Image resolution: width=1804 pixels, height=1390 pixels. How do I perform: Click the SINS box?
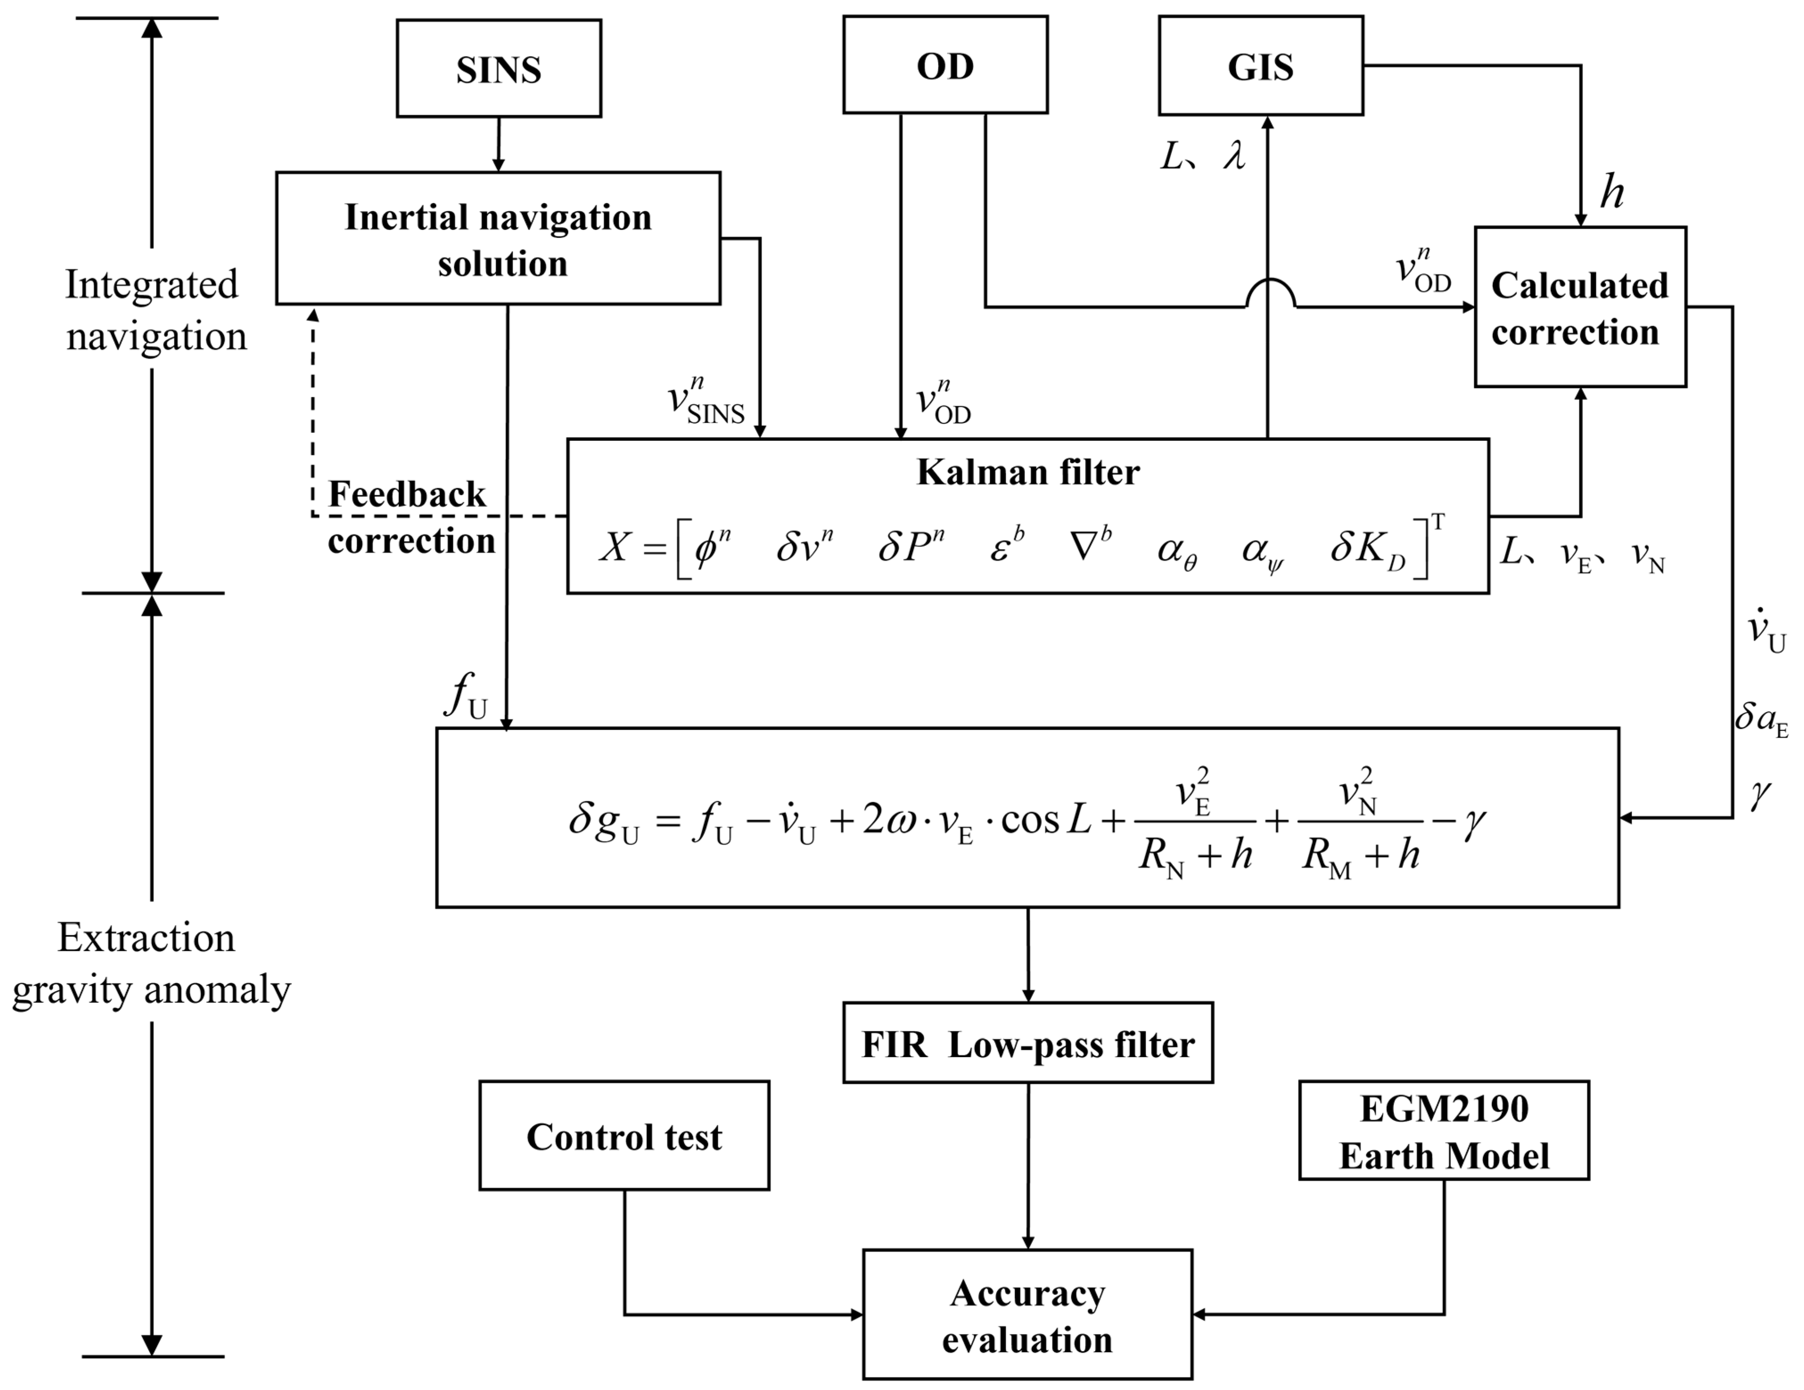[499, 69]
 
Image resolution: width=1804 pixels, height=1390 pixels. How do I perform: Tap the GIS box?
[1261, 65]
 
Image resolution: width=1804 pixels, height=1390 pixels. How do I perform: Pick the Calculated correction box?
[1580, 307]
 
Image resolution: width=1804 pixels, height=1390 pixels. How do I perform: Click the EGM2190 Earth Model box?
[1444, 1130]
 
